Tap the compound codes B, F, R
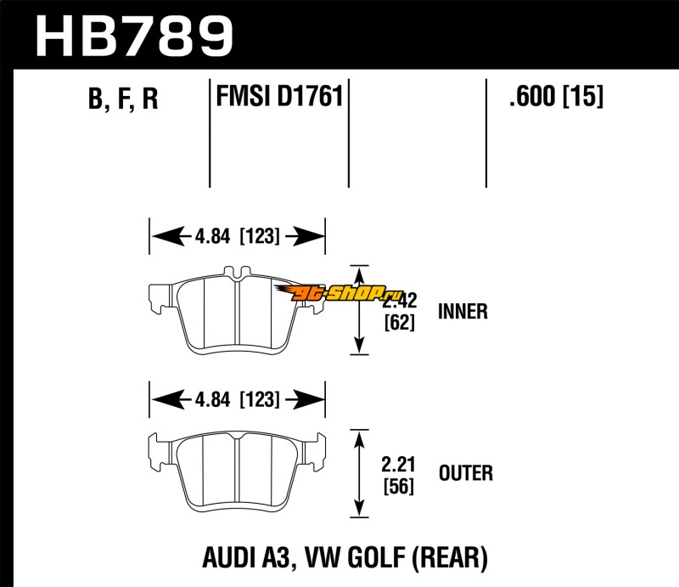tap(123, 100)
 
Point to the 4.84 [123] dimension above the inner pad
tap(237, 237)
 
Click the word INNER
tap(463, 311)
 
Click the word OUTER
tap(465, 472)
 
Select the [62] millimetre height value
tap(398, 323)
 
